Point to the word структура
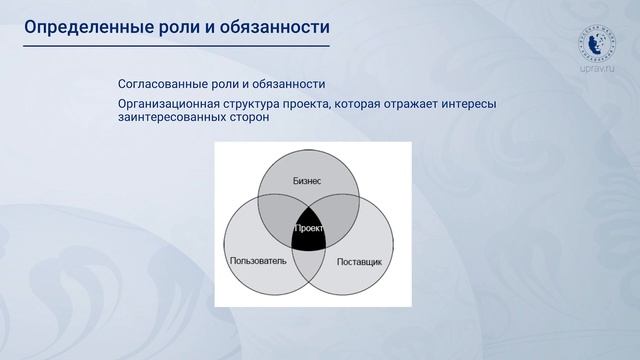pyautogui.click(x=267, y=104)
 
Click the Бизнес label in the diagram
pyautogui.click(x=307, y=181)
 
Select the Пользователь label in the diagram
pyautogui.click(x=258, y=261)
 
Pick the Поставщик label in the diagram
pyautogui.click(x=359, y=261)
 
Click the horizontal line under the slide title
pyautogui.click(x=176, y=46)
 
